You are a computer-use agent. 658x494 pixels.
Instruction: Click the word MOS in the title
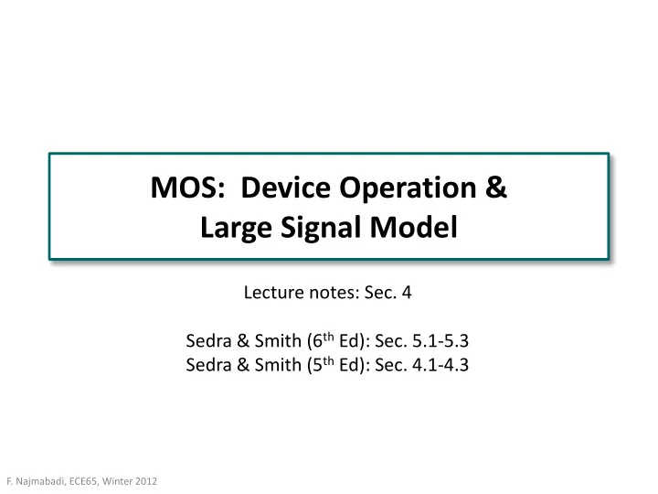point(185,188)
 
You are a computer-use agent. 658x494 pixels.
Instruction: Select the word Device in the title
point(286,188)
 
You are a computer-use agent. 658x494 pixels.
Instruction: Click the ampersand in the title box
point(496,188)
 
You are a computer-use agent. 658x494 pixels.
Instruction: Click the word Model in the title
point(413,227)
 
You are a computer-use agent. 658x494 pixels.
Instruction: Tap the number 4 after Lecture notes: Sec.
point(407,293)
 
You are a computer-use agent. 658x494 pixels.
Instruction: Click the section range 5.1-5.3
point(440,340)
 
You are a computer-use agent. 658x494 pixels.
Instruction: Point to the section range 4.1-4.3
point(440,365)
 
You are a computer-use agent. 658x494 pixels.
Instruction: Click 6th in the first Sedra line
point(324,339)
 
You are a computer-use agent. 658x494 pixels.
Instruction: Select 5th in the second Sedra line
point(324,364)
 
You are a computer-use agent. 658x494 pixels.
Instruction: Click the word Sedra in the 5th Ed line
point(209,365)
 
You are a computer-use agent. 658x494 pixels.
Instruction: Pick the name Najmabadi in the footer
point(40,481)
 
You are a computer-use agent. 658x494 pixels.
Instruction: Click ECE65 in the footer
point(83,481)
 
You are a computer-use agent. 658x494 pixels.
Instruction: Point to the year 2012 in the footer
point(146,481)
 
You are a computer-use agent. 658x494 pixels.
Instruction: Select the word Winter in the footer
point(117,481)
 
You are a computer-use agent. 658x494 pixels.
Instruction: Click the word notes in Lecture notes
point(334,293)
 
